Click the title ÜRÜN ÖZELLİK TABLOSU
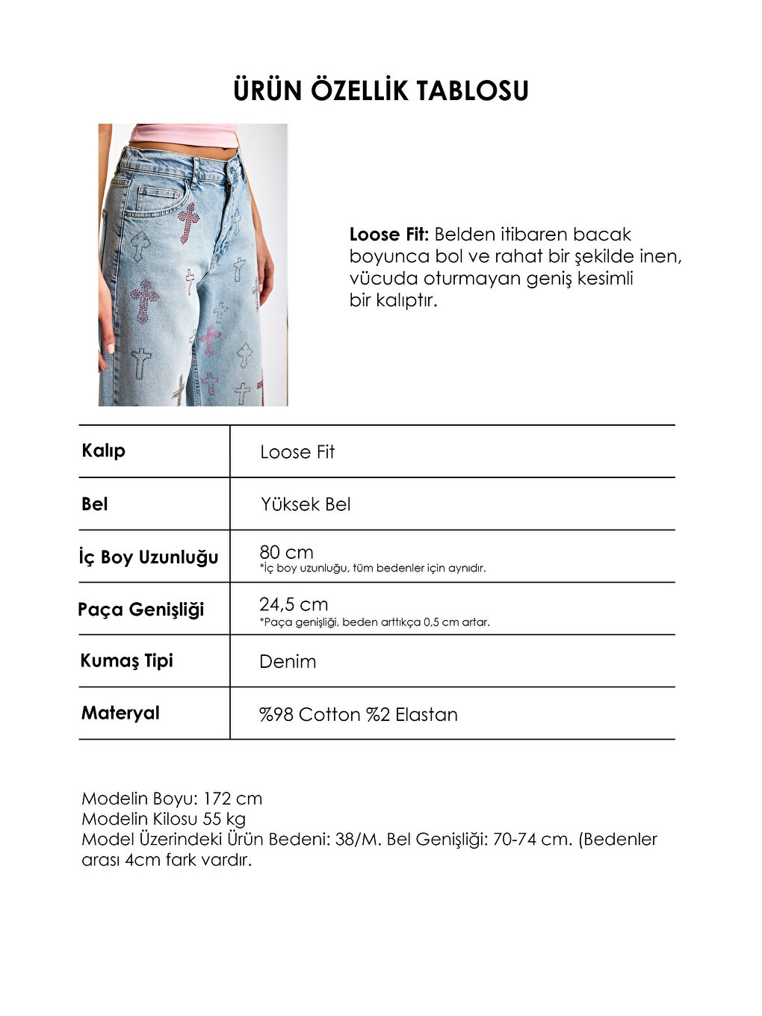pyautogui.click(x=381, y=90)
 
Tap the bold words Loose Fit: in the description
pyautogui.click(x=388, y=235)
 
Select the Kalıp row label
pyautogui.click(x=103, y=450)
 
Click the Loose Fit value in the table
pyautogui.click(x=297, y=452)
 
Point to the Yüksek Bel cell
pyautogui.click(x=306, y=504)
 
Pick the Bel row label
pyautogui.click(x=95, y=504)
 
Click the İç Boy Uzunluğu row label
pyautogui.click(x=149, y=557)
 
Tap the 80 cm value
pyautogui.click(x=286, y=552)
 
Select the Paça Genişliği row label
pyautogui.click(x=141, y=610)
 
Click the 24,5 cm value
pyautogui.click(x=294, y=604)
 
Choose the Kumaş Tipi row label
pyautogui.click(x=127, y=660)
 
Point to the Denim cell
pyautogui.click(x=288, y=662)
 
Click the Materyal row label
pyautogui.click(x=120, y=713)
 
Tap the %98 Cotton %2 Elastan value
pyautogui.click(x=359, y=715)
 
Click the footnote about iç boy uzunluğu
pyautogui.click(x=373, y=569)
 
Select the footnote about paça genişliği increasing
pyautogui.click(x=375, y=622)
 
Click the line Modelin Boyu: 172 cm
pyautogui.click(x=172, y=799)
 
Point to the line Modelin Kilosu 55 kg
pyautogui.click(x=164, y=819)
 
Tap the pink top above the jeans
pyautogui.click(x=183, y=134)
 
